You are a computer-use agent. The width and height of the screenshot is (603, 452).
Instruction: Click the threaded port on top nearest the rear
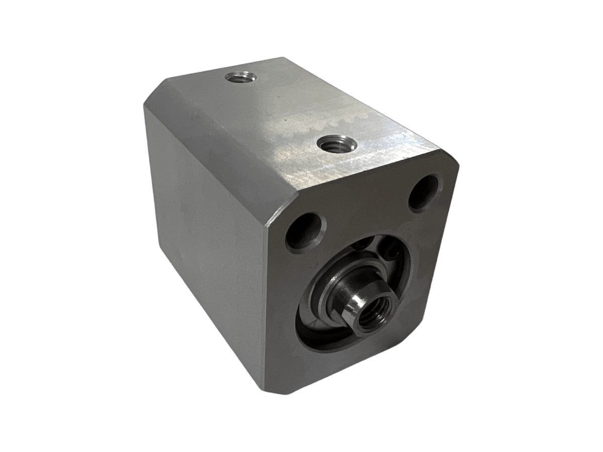tap(240, 78)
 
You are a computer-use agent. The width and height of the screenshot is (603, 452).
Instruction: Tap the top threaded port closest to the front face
tap(337, 145)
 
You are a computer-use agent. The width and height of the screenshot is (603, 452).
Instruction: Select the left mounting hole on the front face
tap(305, 232)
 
